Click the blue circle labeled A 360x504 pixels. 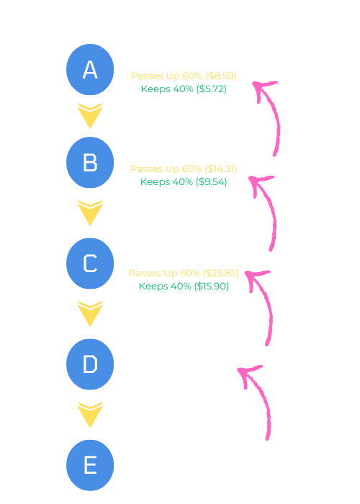coord(90,69)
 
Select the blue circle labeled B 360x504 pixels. coord(90,162)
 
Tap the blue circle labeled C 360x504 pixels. coord(90,264)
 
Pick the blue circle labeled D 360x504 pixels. coord(90,364)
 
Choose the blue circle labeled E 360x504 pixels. coord(90,465)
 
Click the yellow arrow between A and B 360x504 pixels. coord(90,116)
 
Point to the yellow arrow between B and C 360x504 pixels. coord(90,213)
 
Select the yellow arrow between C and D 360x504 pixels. coord(90,314)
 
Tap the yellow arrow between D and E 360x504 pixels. coord(90,415)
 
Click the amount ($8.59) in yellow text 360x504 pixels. coord(221,76)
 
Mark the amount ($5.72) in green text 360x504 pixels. coord(211,89)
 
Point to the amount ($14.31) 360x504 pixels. coord(221,169)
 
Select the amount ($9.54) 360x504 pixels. coord(211,182)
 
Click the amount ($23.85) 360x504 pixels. coord(221,273)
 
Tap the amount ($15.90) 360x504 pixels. coord(211,286)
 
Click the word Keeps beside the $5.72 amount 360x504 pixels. coord(156,89)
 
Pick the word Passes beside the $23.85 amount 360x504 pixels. coord(145,273)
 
